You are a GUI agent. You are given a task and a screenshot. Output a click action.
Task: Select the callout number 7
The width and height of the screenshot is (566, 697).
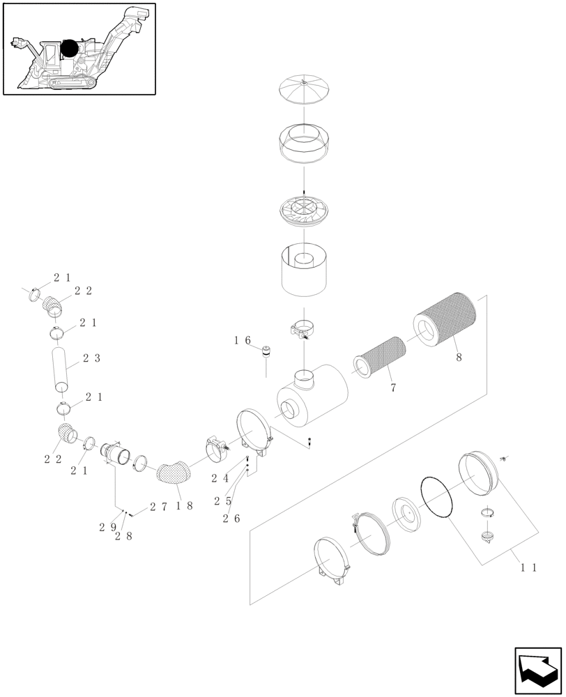(393, 388)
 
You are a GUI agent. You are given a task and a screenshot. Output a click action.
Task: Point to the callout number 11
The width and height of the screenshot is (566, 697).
(528, 568)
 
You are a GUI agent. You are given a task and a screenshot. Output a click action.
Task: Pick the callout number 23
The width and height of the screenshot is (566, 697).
(91, 358)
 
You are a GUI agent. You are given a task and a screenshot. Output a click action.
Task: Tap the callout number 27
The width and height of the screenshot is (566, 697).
(159, 508)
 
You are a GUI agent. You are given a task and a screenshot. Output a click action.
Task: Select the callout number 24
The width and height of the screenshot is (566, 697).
(220, 478)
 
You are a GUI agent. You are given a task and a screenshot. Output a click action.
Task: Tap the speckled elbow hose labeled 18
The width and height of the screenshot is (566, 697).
(173, 472)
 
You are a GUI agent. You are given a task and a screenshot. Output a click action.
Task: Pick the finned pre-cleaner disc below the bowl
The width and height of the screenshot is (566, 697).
(305, 210)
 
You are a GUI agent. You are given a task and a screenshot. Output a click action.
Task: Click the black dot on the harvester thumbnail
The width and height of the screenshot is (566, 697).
(70, 49)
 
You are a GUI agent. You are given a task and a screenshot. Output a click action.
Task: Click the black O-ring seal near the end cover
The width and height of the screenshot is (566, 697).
(438, 496)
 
